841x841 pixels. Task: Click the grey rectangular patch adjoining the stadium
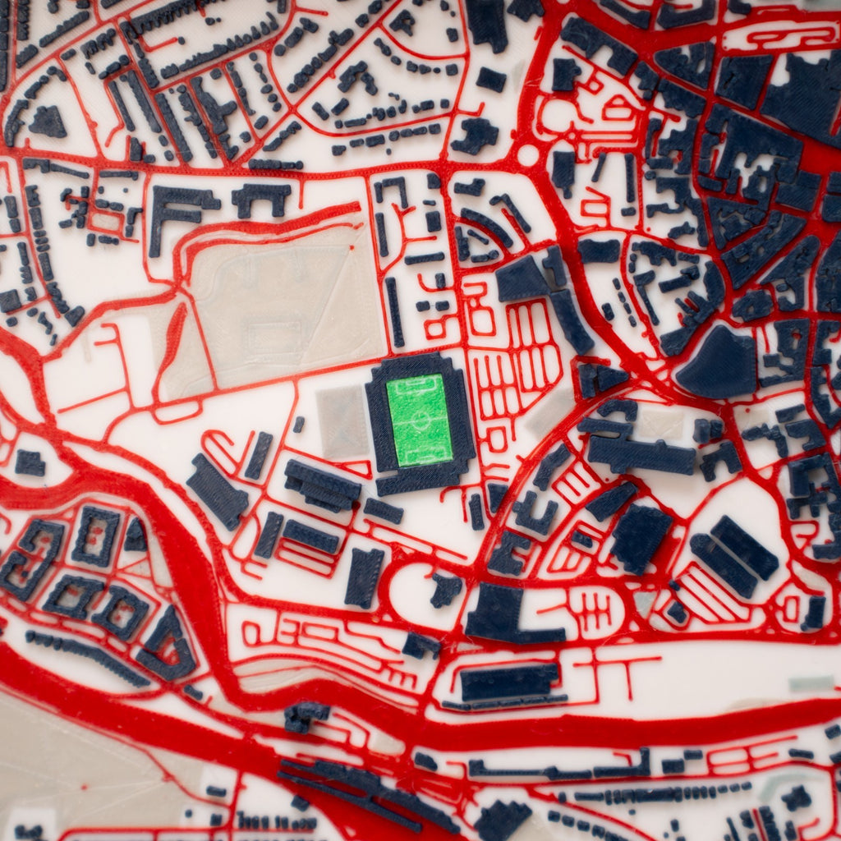click(342, 420)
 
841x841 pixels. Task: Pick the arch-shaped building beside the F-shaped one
click(261, 198)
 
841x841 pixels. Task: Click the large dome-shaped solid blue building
click(717, 364)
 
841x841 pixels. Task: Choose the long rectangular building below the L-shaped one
click(509, 682)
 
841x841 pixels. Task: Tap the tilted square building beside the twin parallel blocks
click(641, 537)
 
